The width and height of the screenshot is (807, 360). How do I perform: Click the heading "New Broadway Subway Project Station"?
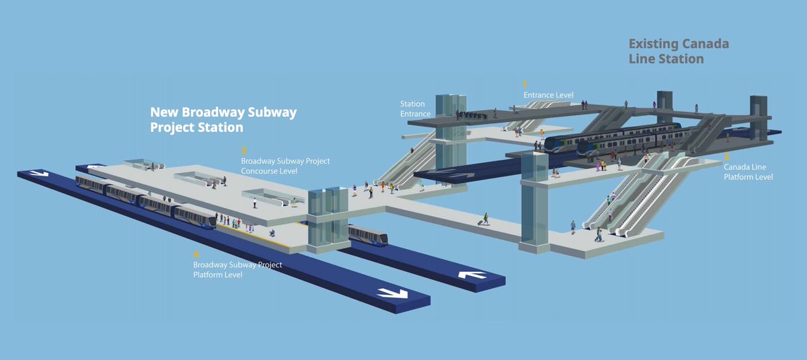coord(223,119)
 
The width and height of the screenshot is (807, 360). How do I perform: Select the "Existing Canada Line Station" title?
coord(678,51)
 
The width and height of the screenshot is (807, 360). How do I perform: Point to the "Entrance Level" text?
coord(548,96)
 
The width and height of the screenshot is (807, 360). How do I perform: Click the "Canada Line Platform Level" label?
coord(748,172)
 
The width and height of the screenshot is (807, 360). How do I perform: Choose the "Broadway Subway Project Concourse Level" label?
coord(285,166)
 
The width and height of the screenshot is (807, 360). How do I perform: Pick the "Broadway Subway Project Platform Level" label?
coord(237,270)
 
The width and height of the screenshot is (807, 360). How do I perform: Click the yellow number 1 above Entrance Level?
coord(525,84)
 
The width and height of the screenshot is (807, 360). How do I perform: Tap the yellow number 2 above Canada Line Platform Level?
coord(726,156)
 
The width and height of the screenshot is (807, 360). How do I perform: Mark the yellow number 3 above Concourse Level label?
coord(244,151)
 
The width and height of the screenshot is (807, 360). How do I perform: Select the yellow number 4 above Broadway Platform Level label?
coord(196,254)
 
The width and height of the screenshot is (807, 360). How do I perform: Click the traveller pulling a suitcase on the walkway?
coord(484,219)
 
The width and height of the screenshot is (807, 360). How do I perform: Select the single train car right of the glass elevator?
coord(368,236)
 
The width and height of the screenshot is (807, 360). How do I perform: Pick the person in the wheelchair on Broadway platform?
coord(272,232)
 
